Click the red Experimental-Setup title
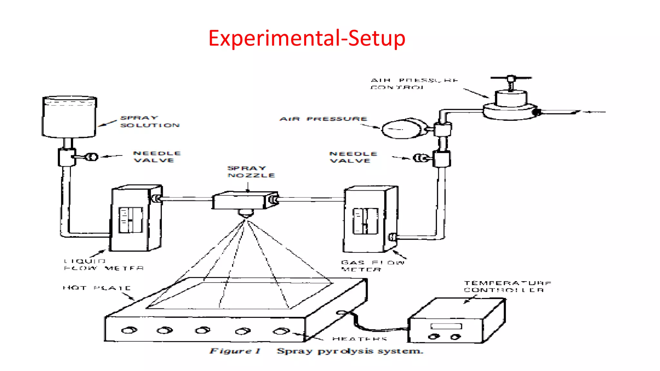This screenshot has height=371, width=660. tap(306, 38)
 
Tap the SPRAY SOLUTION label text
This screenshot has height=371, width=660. tap(150, 122)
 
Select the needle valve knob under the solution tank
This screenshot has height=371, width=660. tap(92, 157)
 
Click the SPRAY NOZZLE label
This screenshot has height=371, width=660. tap(251, 172)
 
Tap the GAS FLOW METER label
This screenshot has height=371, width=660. tap(372, 266)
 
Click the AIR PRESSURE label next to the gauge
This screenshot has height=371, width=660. tap(323, 119)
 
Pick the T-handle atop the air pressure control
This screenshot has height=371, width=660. tap(511, 78)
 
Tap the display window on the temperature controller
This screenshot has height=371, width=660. tap(446, 326)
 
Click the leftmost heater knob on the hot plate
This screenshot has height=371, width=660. tap(129, 330)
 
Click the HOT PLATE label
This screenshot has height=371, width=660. tap(97, 288)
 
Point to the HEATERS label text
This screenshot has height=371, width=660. tap(359, 339)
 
